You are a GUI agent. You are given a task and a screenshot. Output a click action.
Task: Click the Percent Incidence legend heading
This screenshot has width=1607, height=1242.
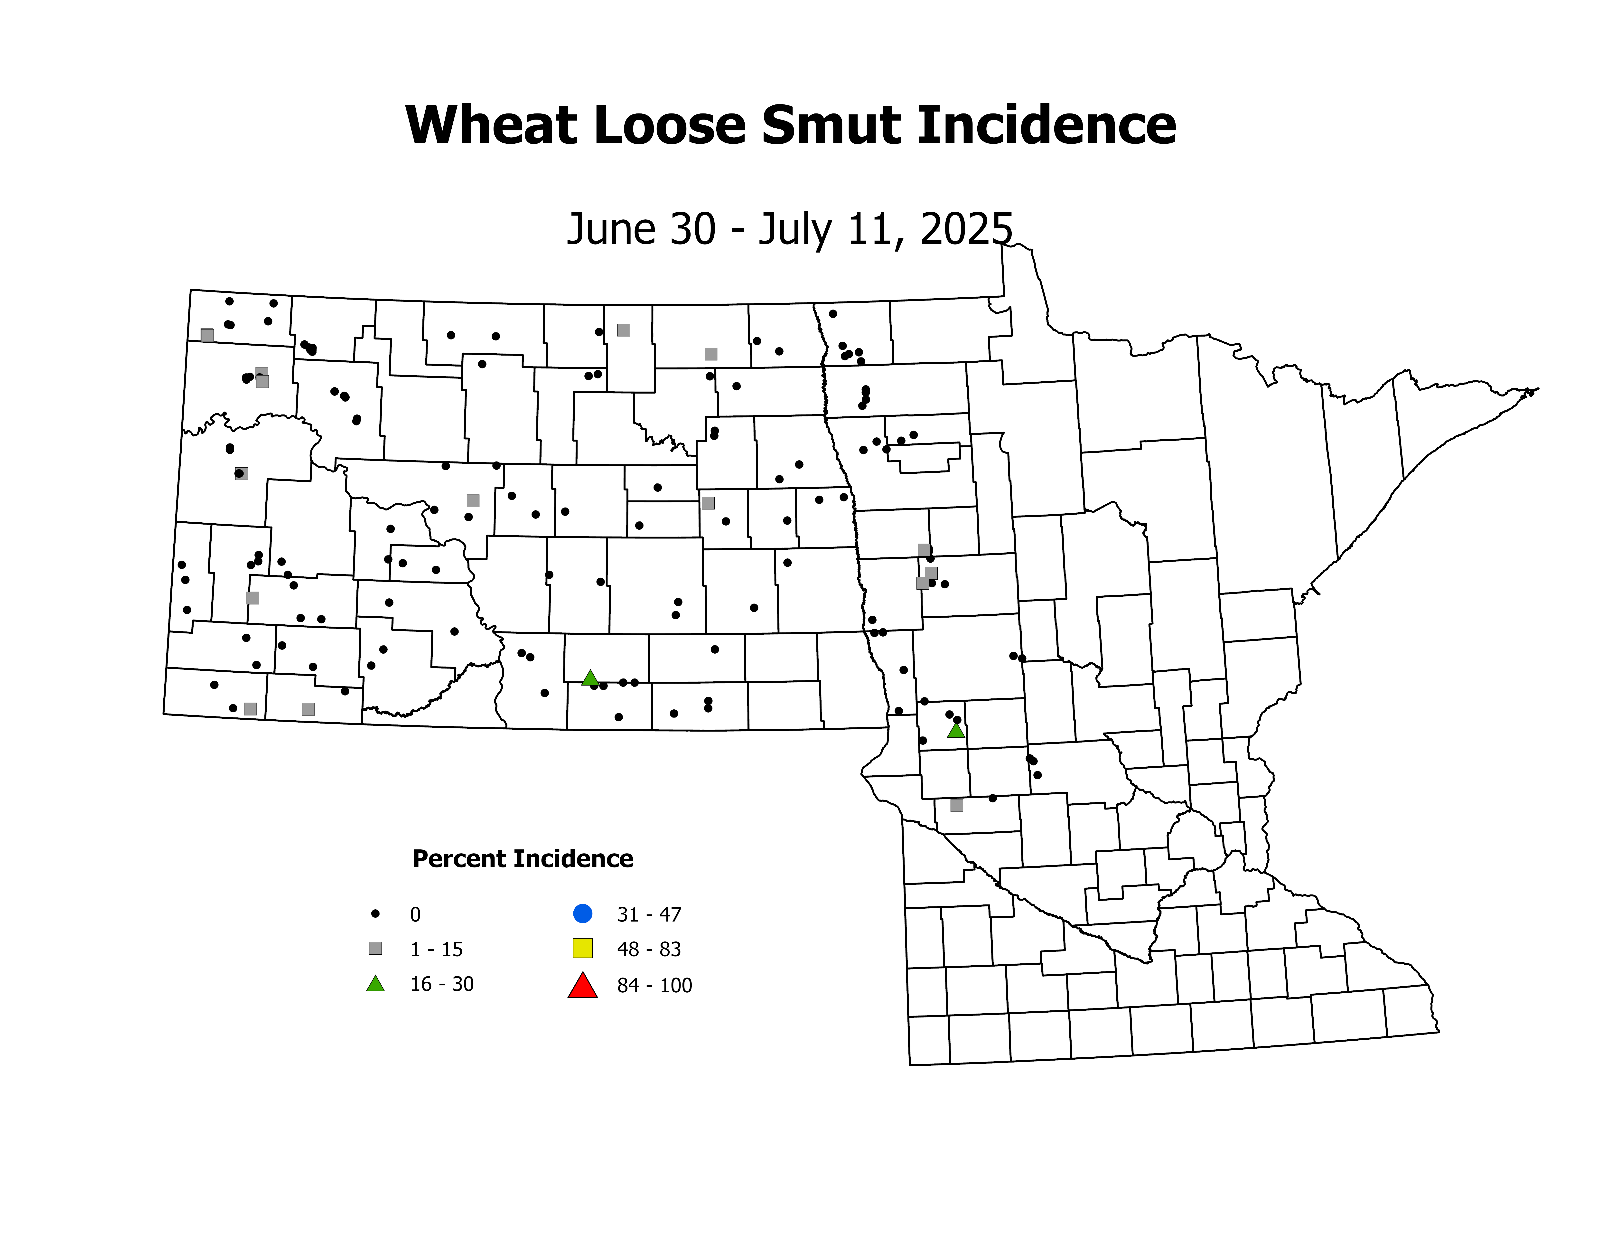coord(523,859)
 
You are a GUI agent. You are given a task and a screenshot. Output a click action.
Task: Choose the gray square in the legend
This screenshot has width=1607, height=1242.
coord(375,948)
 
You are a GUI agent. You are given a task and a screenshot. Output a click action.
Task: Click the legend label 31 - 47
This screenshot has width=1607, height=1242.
coord(649,915)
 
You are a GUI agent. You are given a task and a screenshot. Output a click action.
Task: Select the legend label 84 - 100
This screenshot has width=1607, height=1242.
coord(654,985)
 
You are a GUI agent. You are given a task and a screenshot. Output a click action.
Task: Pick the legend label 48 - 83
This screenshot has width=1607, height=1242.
coord(649,949)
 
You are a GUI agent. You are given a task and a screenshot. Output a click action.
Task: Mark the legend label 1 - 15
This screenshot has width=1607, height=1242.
coord(436,949)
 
